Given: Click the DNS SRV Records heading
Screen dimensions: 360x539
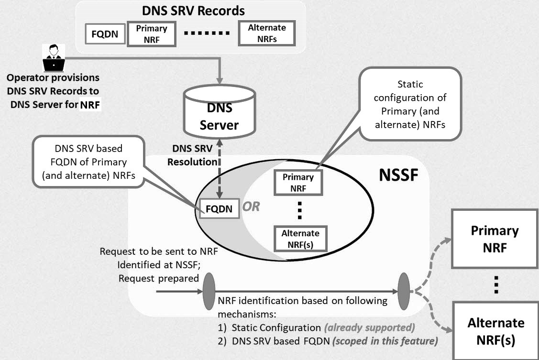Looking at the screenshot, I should pos(193,11).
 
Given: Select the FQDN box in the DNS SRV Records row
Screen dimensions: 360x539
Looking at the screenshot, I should pos(105,34).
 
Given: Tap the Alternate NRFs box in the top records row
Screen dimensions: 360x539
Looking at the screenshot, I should pos(266,33).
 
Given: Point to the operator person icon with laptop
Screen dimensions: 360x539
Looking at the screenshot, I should pos(53,57).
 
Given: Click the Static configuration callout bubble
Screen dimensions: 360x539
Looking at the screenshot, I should pos(410,104).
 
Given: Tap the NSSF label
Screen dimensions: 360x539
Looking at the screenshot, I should pos(398,175).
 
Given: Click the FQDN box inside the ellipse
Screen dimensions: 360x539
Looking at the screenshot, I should pos(219,209).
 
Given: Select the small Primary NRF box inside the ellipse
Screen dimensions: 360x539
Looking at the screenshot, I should pos(298,183).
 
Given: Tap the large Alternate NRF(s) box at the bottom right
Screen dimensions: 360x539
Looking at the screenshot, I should pos(495,330).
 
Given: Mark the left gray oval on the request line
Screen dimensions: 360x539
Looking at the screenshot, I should pos(209,290).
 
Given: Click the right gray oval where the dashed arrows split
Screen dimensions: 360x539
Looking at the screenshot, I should pos(404,290).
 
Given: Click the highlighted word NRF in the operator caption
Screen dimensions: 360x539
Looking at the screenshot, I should pos(90,105).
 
